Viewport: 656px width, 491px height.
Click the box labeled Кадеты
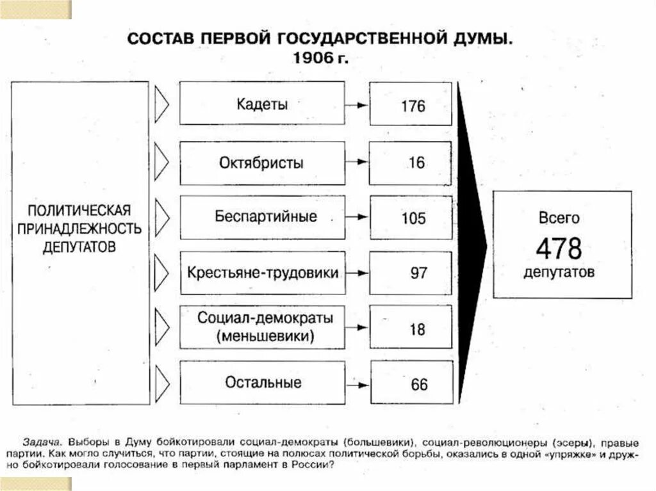[261, 104]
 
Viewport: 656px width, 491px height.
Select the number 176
[413, 106]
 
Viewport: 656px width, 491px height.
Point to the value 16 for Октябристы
[416, 163]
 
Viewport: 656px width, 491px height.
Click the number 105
[413, 218]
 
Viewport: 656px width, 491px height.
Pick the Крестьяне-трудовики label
[263, 272]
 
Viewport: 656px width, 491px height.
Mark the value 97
[418, 273]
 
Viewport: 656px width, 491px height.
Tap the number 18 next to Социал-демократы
[417, 330]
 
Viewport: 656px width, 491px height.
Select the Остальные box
[263, 383]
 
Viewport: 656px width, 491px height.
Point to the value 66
[419, 385]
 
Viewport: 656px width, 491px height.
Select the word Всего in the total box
[559, 218]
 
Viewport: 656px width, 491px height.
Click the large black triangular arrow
[471, 243]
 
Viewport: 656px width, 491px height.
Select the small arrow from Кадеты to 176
[357, 105]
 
